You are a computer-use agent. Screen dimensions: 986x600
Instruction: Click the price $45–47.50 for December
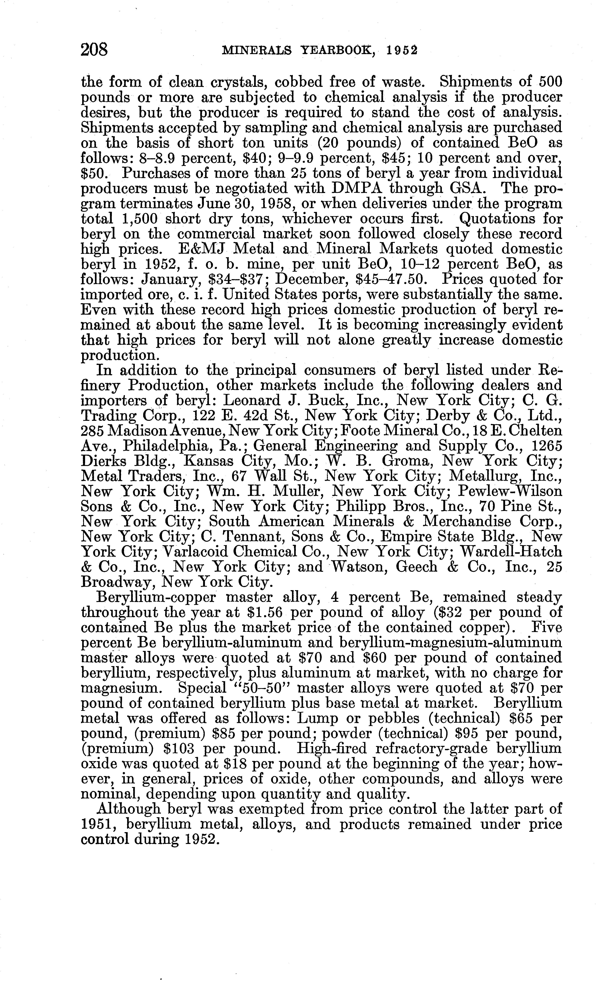[395, 279]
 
